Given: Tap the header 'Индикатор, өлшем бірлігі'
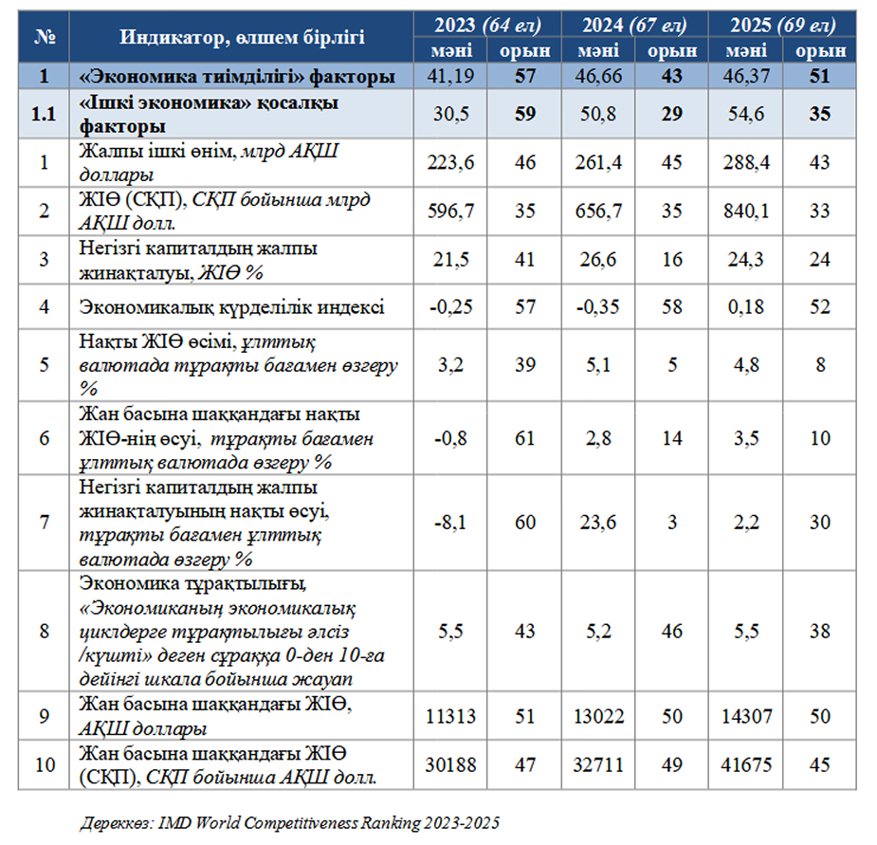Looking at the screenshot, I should pyautogui.click(x=243, y=38).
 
